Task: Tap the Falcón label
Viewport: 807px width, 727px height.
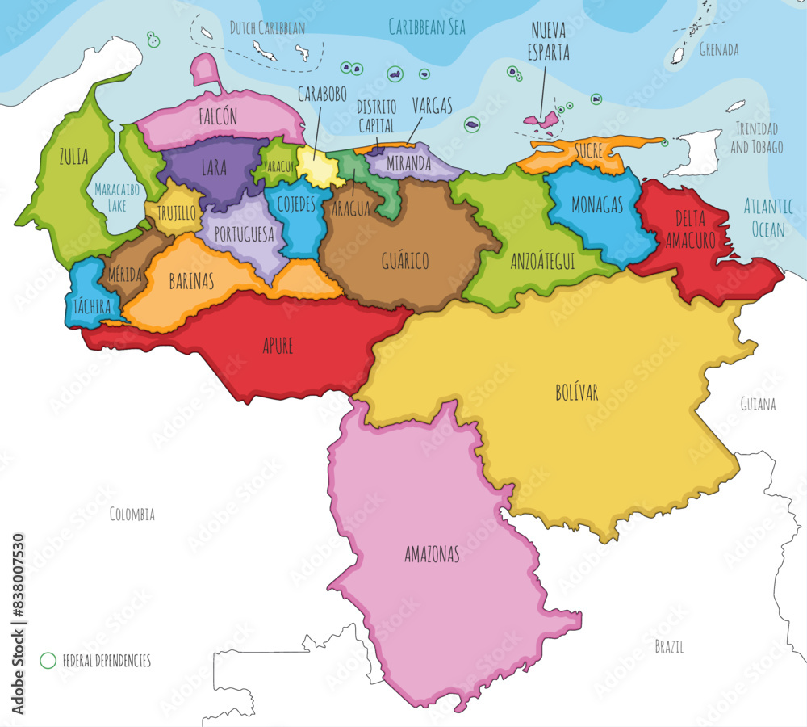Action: point(218,116)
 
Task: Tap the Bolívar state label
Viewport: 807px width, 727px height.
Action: point(576,392)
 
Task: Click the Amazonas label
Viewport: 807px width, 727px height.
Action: point(432,554)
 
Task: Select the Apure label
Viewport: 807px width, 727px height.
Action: point(278,346)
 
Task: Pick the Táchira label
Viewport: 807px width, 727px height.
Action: point(93,306)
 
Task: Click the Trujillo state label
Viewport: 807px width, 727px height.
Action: point(177,213)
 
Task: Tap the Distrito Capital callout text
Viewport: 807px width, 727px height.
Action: point(375,116)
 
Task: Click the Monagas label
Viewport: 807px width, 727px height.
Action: point(597,205)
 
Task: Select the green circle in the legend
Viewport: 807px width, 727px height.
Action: point(48,660)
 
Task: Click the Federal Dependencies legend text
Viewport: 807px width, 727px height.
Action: point(107,661)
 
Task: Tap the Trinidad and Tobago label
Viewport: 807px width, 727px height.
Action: point(757,137)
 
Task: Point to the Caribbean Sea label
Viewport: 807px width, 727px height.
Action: point(427,27)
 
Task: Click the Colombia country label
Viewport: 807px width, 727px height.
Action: point(132,514)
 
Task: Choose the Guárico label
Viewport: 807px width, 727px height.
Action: point(404,260)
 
